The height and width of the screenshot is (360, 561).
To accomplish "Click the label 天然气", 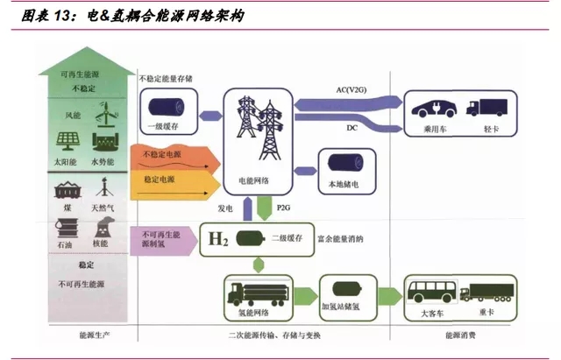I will click(103, 208).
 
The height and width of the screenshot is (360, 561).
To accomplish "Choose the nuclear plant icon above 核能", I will click(103, 227).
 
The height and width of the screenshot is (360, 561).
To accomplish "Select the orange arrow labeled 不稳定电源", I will click(175, 159).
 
